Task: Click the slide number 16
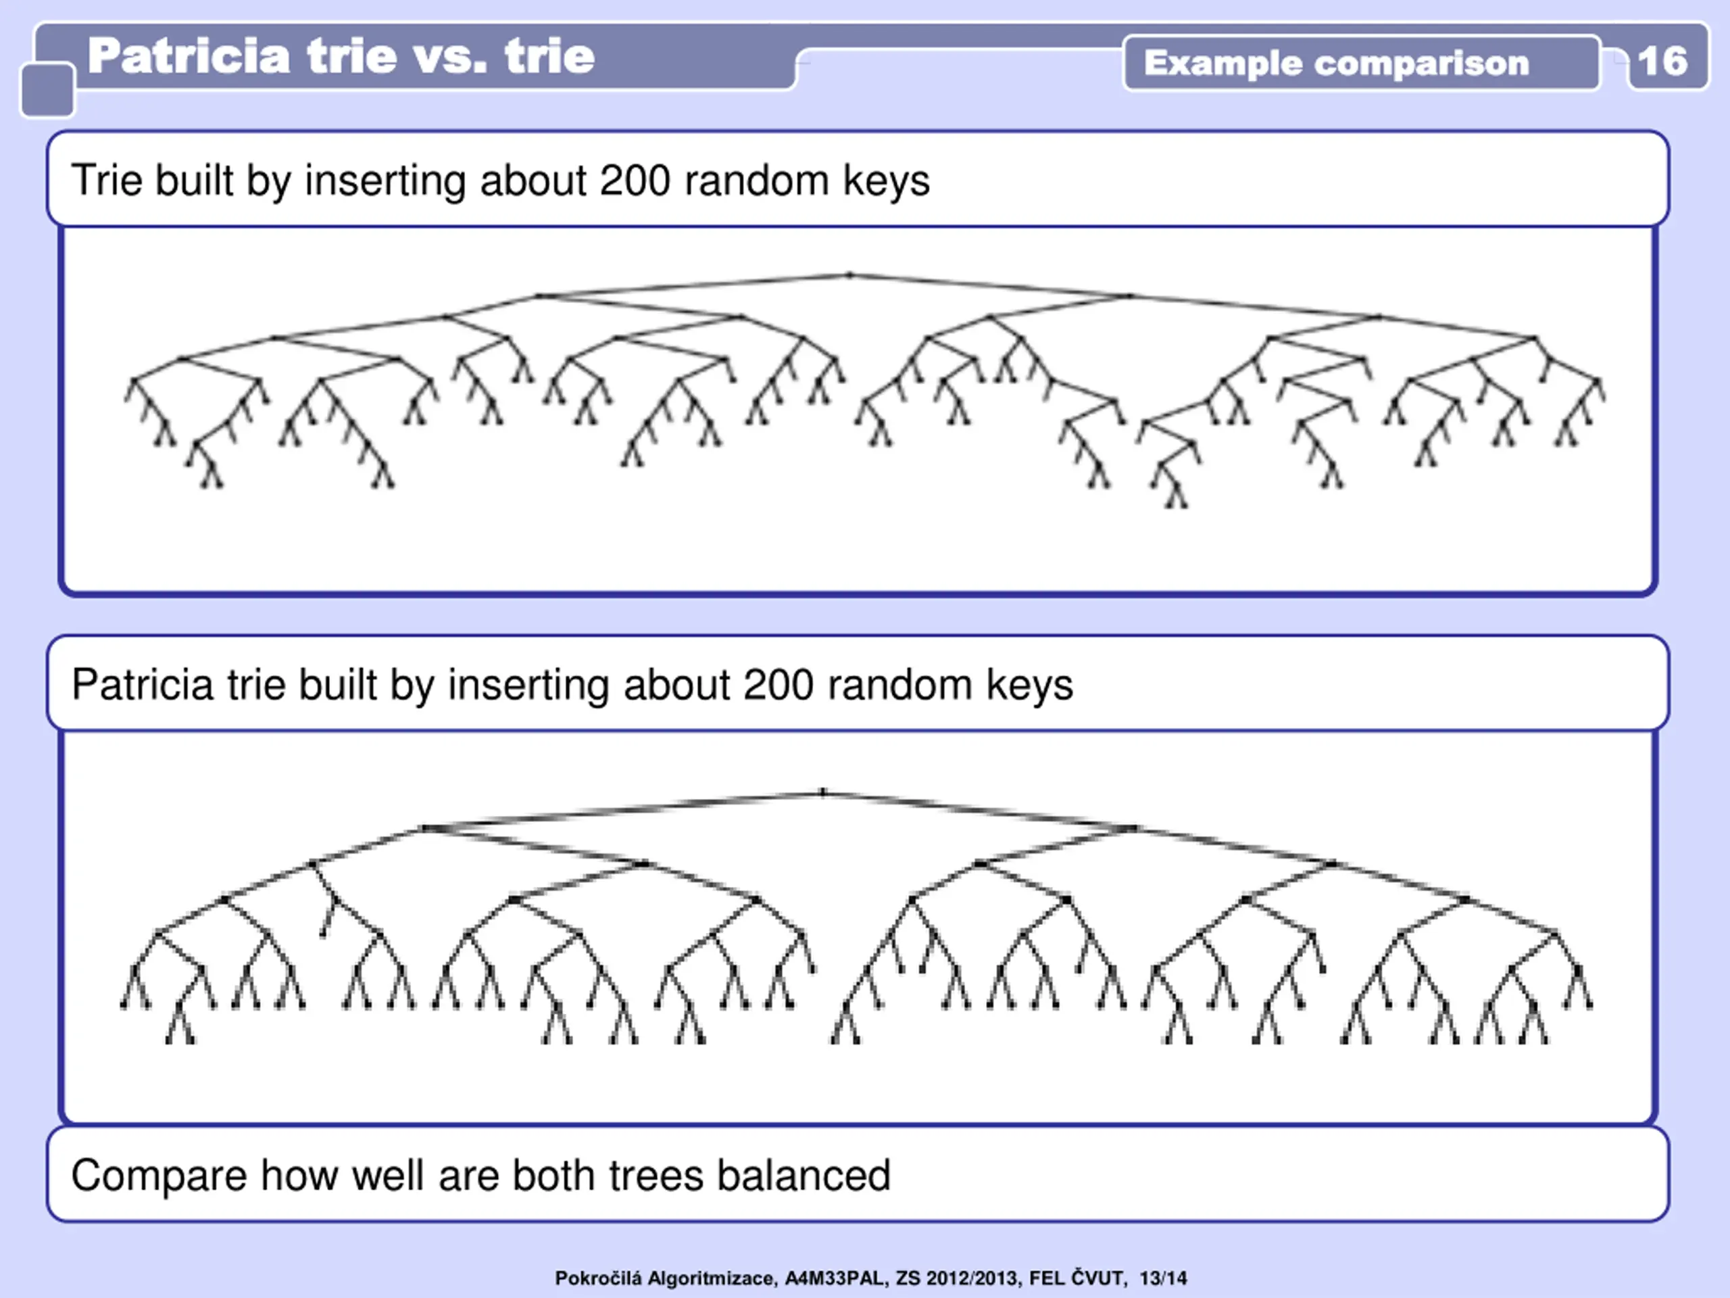(1662, 61)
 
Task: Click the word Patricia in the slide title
(189, 56)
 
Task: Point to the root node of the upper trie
(850, 274)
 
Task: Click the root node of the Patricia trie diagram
(823, 792)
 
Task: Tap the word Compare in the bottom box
(159, 1176)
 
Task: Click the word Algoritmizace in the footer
(712, 1278)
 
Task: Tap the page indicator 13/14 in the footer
(1163, 1278)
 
